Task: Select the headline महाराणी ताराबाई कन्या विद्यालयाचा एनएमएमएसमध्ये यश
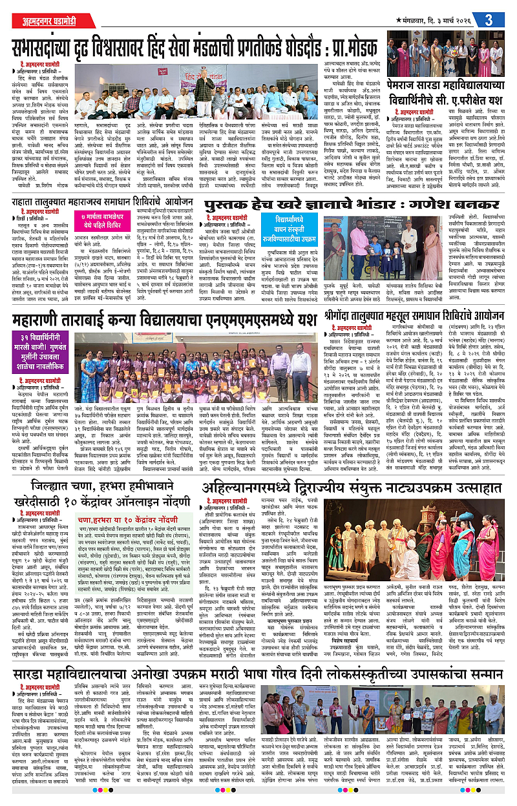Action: point(162,321)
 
